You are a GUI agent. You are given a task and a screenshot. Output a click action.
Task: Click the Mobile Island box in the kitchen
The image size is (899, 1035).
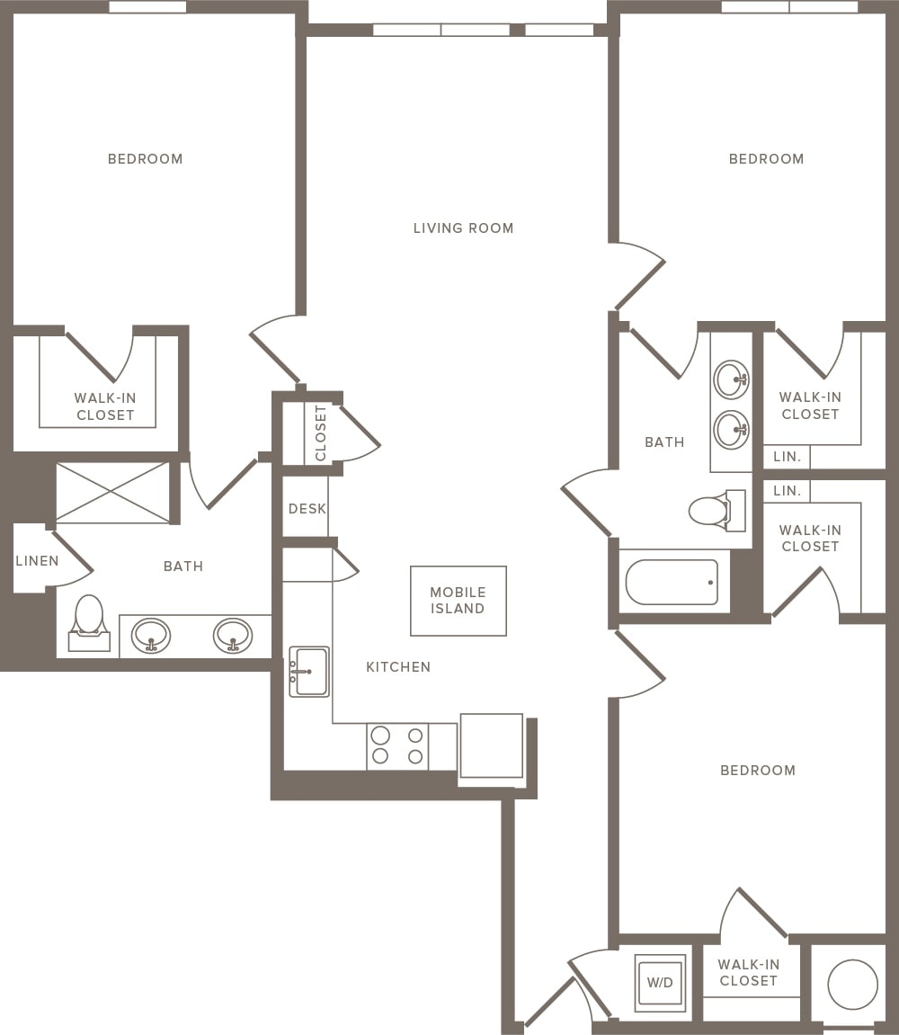tap(458, 601)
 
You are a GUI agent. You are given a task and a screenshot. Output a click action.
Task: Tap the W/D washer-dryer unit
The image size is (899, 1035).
tap(660, 982)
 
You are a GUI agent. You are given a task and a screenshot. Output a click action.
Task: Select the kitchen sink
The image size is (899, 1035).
tap(309, 672)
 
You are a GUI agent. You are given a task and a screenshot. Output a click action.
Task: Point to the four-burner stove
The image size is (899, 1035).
tap(397, 745)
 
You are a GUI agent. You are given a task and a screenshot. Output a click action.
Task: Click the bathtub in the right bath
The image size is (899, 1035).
tap(672, 583)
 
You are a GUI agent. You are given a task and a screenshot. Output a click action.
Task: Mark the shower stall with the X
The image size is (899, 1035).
tap(112, 492)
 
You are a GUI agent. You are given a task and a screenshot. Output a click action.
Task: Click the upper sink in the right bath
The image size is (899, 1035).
tap(731, 379)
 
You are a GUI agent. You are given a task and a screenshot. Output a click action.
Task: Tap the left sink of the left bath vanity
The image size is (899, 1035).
tap(150, 636)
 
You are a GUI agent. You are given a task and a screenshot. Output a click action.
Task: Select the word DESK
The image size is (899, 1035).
tap(307, 509)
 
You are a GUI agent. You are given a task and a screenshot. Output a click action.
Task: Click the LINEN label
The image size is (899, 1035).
tap(37, 561)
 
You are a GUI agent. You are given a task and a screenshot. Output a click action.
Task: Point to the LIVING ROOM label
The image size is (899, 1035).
tap(463, 228)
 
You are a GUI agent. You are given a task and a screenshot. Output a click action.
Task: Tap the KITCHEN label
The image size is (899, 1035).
tap(398, 667)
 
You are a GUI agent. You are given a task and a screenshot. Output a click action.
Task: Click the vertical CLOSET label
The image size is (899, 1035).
tap(321, 432)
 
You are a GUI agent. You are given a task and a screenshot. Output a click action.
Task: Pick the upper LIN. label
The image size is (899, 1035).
tap(787, 457)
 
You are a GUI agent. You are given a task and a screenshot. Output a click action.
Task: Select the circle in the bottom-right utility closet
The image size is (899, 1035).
tap(851, 984)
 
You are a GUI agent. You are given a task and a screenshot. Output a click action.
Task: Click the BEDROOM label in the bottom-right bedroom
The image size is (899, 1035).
tap(758, 771)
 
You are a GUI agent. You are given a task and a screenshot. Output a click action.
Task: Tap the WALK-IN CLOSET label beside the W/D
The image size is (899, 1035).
tap(748, 973)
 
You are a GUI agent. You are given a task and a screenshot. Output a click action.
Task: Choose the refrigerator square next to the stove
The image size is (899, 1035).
tap(491, 745)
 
